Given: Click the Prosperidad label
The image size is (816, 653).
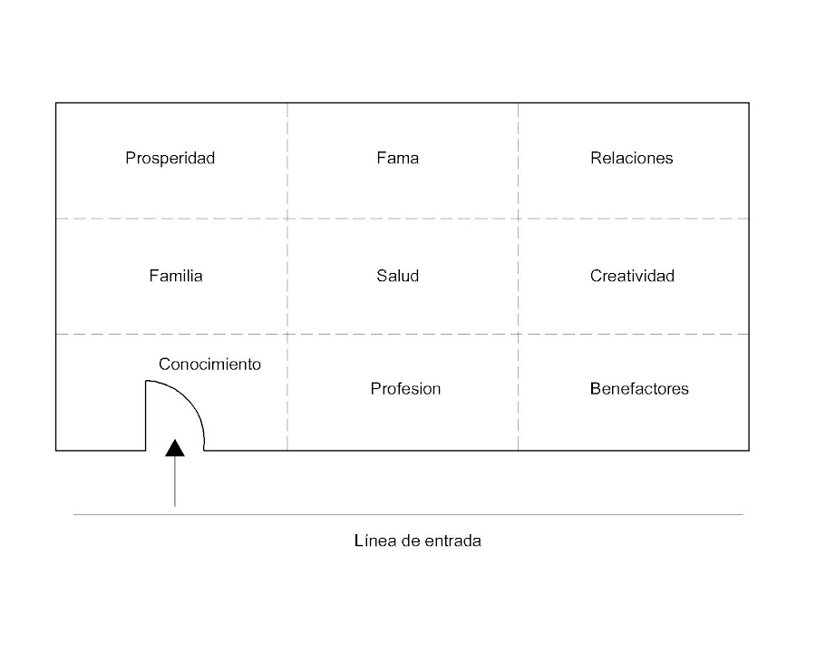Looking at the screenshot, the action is (x=170, y=159).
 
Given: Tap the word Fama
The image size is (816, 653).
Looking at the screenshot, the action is (x=398, y=159).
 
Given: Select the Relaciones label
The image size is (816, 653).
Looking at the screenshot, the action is (x=632, y=159).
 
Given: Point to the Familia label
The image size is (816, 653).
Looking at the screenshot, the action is (x=176, y=276).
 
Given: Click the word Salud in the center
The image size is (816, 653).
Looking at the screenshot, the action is (x=398, y=276).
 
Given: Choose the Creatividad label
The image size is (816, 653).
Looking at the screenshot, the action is (x=632, y=276).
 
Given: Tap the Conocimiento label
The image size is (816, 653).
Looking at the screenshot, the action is (x=209, y=365).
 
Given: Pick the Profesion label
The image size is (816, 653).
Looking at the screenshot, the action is (x=405, y=389).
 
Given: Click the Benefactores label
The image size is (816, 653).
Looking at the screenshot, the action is (x=639, y=389).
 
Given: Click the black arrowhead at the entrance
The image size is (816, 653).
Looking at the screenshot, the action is (x=175, y=446).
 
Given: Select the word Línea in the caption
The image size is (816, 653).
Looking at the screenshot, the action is (x=373, y=541).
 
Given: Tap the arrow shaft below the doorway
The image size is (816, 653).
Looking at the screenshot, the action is (x=175, y=481).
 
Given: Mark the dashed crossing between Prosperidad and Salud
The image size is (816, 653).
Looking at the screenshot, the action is (x=287, y=219).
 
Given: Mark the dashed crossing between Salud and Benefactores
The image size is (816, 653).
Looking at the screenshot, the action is (x=519, y=335).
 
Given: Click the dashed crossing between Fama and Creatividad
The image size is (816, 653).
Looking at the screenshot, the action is (x=519, y=219).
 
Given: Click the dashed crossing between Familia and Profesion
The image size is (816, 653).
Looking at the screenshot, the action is (x=287, y=335).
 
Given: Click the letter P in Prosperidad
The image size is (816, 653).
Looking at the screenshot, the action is (x=131, y=159).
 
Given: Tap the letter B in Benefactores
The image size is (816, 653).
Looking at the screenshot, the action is (x=595, y=389).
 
